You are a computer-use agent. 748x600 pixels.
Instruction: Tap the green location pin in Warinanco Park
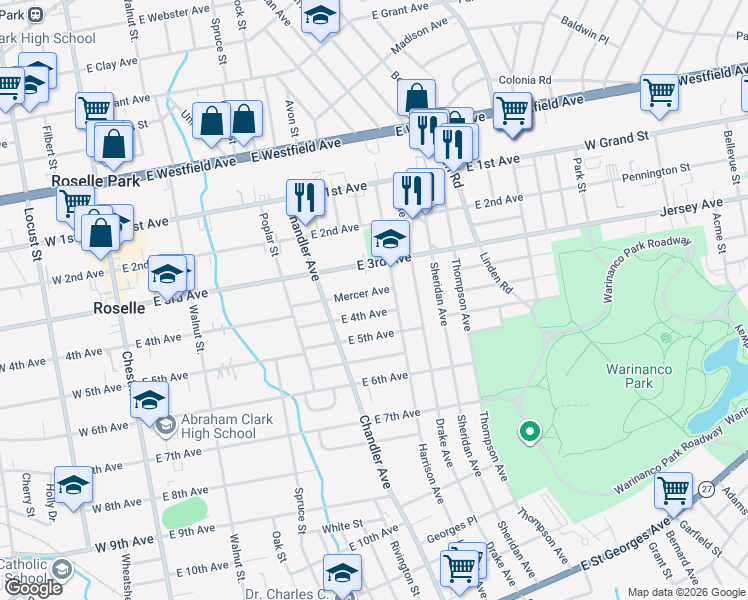tap(529, 432)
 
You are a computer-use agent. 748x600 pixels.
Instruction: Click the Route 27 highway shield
tap(707, 489)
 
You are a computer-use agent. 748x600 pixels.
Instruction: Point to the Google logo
tap(32, 588)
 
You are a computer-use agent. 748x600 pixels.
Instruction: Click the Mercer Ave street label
tap(362, 293)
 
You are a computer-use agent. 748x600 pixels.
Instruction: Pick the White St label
tap(341, 526)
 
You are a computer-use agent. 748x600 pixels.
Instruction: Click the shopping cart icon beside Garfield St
tap(674, 490)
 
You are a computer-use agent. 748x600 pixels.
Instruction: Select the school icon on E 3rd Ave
tap(391, 239)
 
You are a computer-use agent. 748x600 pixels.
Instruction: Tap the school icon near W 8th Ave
tap(73, 485)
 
